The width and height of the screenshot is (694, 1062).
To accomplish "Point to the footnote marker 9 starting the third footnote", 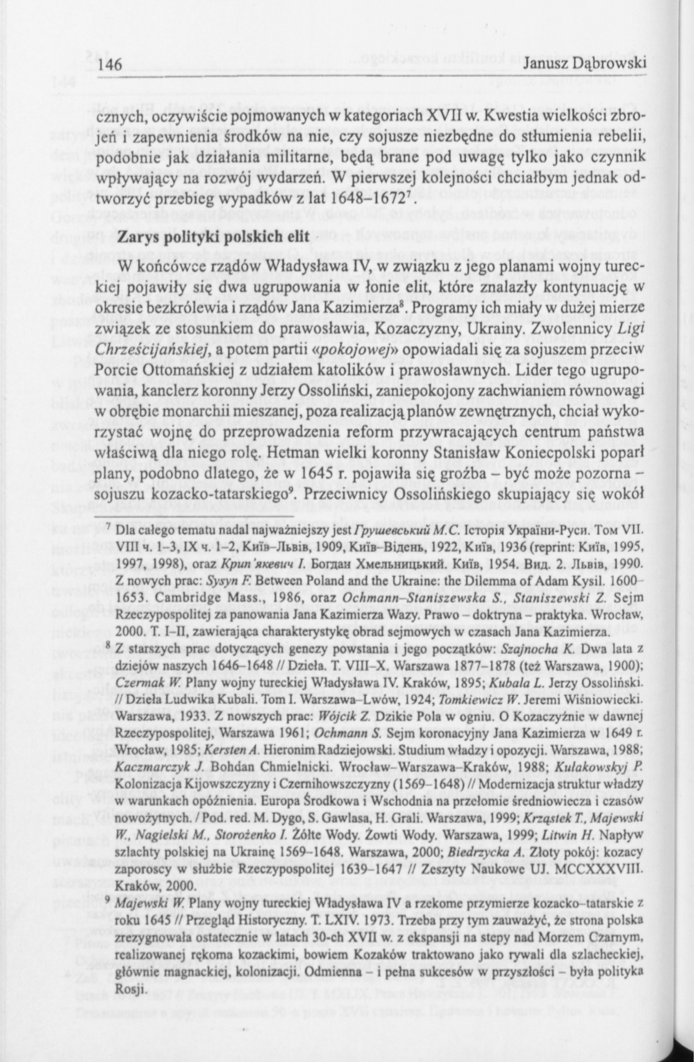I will [108, 901].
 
